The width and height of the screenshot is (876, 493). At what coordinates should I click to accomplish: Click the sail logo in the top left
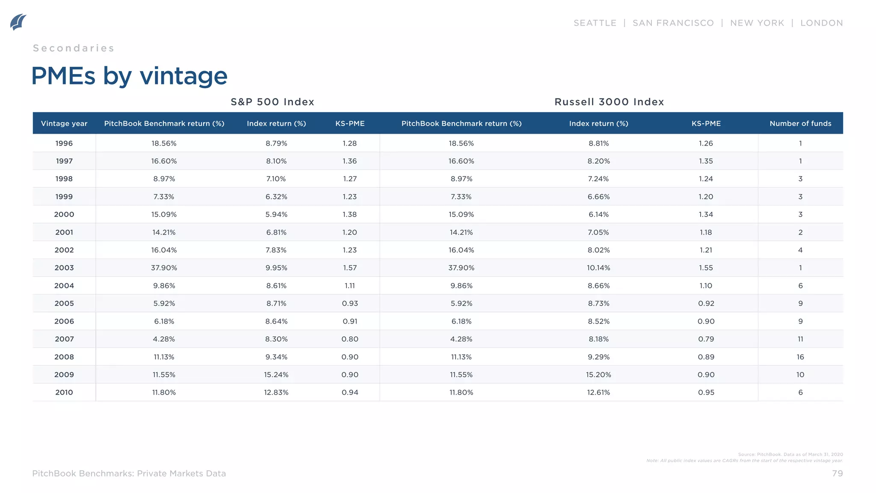pos(18,22)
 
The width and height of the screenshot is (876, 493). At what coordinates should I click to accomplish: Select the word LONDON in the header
pos(821,23)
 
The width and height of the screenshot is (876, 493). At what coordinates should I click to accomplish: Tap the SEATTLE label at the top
pos(595,23)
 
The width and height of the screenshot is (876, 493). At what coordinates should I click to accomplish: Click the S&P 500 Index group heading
pos(272,102)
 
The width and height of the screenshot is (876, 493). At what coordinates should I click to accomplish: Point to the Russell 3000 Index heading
pos(609,102)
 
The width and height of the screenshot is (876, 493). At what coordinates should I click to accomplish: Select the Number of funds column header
pos(800,124)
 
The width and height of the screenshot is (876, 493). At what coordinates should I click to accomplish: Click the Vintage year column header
pos(64,124)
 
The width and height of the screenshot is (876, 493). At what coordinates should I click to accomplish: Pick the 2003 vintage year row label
pos(64,268)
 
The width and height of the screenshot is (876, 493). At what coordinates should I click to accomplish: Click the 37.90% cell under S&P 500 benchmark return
pos(164,268)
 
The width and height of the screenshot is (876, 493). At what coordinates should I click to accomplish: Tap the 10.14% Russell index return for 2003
pos(598,268)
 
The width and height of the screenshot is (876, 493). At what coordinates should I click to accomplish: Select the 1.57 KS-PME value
pos(349,268)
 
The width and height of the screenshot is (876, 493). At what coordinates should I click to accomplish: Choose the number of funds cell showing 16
pos(800,357)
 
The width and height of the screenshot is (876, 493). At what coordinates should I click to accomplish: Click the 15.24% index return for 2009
pos(276,375)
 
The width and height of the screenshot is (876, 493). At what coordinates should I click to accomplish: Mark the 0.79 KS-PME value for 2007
pos(706,339)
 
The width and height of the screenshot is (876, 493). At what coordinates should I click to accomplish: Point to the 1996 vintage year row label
pos(64,143)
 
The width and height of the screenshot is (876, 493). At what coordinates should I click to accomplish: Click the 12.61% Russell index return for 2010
pos(598,392)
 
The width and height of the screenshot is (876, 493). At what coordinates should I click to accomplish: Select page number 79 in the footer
pos(837,473)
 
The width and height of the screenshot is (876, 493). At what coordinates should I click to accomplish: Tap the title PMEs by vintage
pos(129,76)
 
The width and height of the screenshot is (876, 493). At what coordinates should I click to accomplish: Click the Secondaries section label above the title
pos(74,48)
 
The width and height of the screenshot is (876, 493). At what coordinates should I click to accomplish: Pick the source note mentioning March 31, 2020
pos(790,454)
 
